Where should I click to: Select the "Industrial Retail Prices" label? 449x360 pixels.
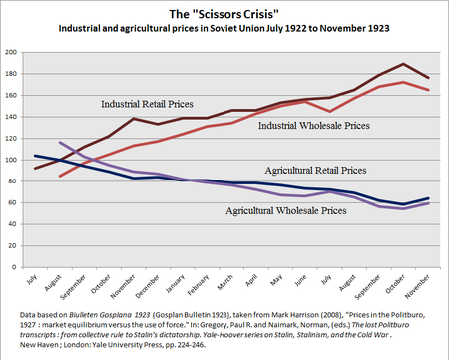point(150,104)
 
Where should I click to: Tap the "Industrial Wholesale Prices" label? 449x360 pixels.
point(309,126)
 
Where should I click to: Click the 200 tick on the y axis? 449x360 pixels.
point(13,51)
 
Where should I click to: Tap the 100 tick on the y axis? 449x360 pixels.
point(13,160)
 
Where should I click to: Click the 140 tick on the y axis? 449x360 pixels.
point(13,116)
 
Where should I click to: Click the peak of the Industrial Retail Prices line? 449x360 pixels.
point(402,64)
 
